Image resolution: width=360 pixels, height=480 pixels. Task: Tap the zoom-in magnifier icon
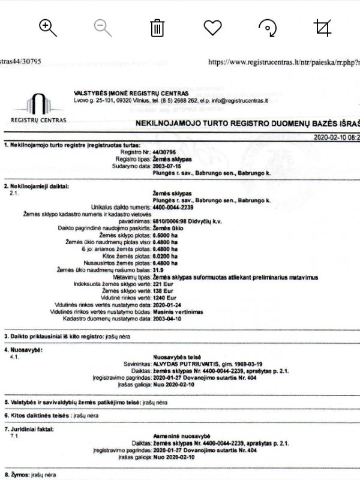pos(47,27)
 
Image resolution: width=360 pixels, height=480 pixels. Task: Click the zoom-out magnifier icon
pos(103,27)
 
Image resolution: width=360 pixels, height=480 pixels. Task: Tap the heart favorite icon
pos(212,27)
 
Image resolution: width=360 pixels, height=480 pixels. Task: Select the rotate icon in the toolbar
pos(268,27)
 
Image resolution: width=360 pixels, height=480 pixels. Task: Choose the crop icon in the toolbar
pos(323,27)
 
